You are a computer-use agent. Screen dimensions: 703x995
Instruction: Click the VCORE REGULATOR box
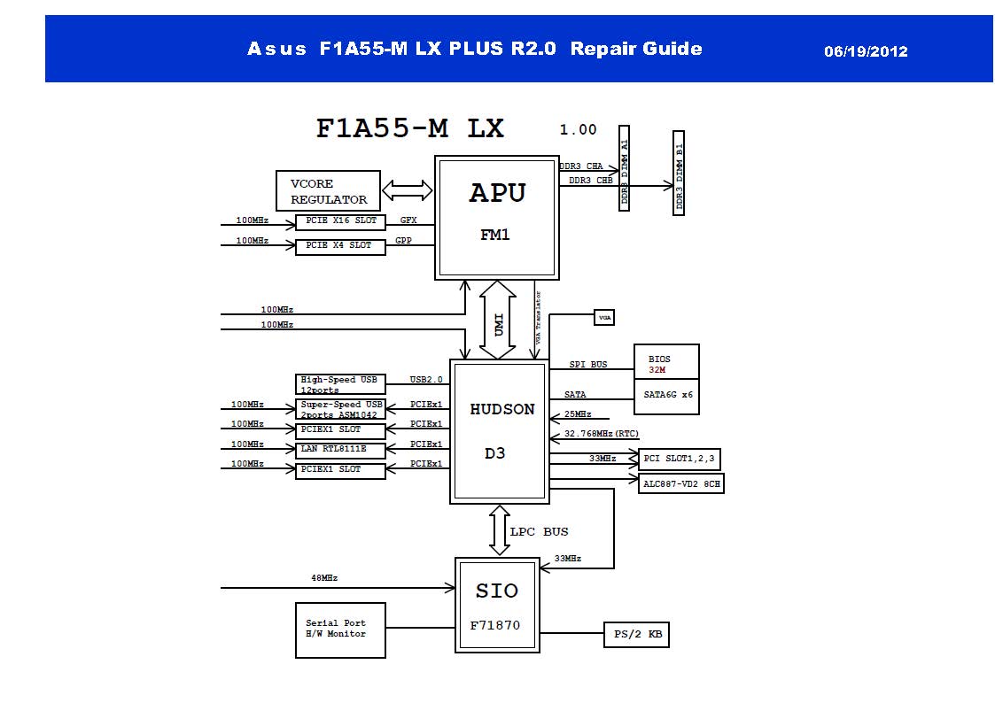(328, 190)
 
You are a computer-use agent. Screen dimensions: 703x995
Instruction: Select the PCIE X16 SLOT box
(340, 220)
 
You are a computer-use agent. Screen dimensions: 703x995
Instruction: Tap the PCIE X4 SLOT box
(340, 245)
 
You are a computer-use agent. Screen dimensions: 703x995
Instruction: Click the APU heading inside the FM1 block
(497, 194)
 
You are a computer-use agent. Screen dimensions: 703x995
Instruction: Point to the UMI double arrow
(497, 319)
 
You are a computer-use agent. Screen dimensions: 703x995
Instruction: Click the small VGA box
(603, 316)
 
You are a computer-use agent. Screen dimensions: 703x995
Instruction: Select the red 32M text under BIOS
(657, 370)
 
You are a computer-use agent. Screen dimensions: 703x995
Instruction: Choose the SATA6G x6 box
(666, 396)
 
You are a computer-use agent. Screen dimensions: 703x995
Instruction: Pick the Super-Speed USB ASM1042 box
(340, 409)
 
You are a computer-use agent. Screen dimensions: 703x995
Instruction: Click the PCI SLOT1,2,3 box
(679, 459)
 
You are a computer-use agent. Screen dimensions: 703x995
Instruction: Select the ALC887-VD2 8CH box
(680, 483)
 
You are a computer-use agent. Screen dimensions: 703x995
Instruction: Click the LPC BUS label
(539, 531)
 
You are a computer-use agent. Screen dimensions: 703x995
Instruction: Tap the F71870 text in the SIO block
(495, 625)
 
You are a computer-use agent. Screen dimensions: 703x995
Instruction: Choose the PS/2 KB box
(636, 634)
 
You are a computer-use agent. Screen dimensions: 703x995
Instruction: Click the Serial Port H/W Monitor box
(340, 630)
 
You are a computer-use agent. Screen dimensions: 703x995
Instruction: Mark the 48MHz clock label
(323, 577)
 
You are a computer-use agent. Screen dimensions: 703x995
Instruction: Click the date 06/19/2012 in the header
(866, 51)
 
